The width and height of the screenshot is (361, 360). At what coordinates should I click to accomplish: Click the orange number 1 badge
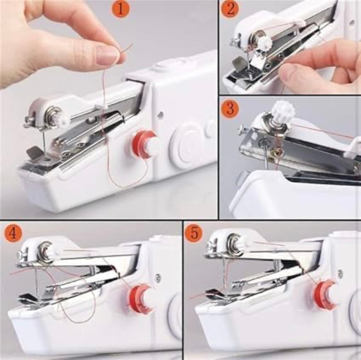coord(121,9)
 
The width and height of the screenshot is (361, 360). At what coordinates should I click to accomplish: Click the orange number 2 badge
coord(230,9)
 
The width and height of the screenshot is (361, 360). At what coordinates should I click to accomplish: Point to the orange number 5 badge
coord(194,233)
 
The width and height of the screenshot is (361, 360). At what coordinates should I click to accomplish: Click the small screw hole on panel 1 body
coord(160,114)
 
